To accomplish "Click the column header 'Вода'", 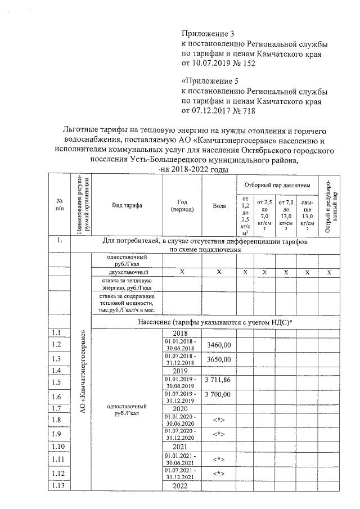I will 219,206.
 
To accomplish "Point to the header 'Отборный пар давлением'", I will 277,185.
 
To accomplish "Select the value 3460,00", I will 219,344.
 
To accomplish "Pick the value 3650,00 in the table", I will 219,359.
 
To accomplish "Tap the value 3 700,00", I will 219,396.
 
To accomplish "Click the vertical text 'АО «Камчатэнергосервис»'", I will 83,371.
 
